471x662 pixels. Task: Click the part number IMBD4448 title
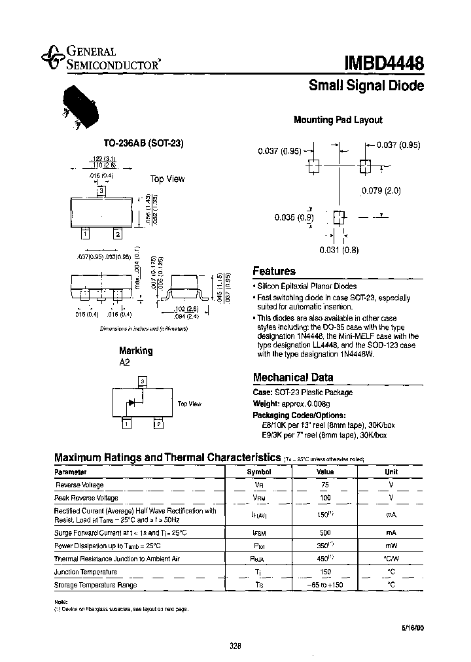(x=384, y=63)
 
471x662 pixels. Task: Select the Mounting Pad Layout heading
(x=338, y=120)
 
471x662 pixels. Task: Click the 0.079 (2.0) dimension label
(x=381, y=191)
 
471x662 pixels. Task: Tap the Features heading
(x=274, y=271)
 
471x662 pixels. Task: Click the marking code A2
(x=125, y=362)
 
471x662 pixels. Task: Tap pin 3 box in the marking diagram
(x=141, y=381)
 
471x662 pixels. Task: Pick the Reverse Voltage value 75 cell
(x=325, y=485)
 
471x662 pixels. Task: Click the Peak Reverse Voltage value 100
(x=325, y=498)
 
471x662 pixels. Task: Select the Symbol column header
(x=258, y=472)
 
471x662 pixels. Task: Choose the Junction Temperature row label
(x=86, y=572)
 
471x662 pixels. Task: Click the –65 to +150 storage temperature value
(x=325, y=585)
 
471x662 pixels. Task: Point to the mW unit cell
(x=391, y=546)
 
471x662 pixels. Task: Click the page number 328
(x=235, y=646)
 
